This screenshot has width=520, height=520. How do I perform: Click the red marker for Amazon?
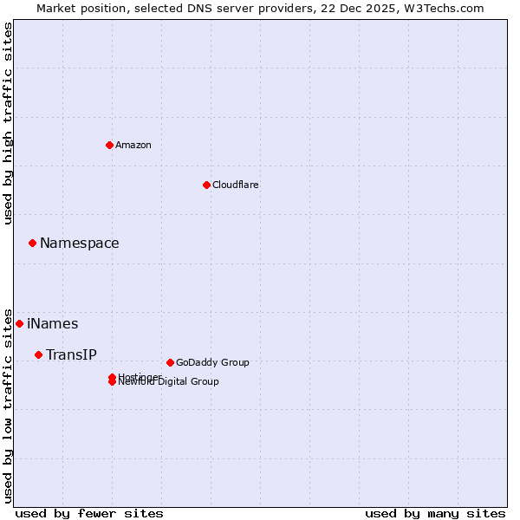(x=109, y=145)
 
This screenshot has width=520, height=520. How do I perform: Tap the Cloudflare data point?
(x=206, y=185)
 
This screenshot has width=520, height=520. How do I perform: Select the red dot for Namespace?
(x=32, y=244)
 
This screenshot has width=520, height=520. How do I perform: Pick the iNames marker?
(x=19, y=323)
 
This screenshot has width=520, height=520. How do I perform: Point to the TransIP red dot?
(x=38, y=354)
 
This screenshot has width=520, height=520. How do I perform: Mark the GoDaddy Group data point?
(x=170, y=362)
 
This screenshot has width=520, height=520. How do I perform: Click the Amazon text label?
(x=133, y=145)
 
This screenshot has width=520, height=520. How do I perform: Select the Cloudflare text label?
(x=235, y=185)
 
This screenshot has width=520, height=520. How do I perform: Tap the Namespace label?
(x=79, y=244)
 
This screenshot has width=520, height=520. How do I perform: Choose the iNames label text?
(x=52, y=324)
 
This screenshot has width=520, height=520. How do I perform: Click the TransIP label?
(x=71, y=354)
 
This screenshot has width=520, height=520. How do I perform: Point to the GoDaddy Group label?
(x=212, y=362)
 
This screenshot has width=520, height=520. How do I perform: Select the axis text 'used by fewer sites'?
(x=89, y=513)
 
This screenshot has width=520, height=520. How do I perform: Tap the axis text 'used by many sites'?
(x=435, y=513)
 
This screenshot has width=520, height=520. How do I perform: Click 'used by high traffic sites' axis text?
(x=8, y=123)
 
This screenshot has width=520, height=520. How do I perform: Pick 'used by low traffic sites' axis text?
(x=8, y=405)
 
